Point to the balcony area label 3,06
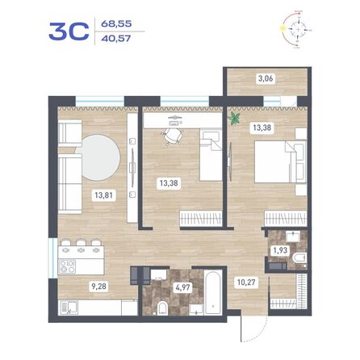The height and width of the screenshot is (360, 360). pos(265,80)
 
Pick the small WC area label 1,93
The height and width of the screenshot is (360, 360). pos(279,250)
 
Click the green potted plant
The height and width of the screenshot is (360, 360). pos(235,119)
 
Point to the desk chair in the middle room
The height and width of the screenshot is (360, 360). pos(172,137)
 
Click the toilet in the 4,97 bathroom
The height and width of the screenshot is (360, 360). pos(163,305)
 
